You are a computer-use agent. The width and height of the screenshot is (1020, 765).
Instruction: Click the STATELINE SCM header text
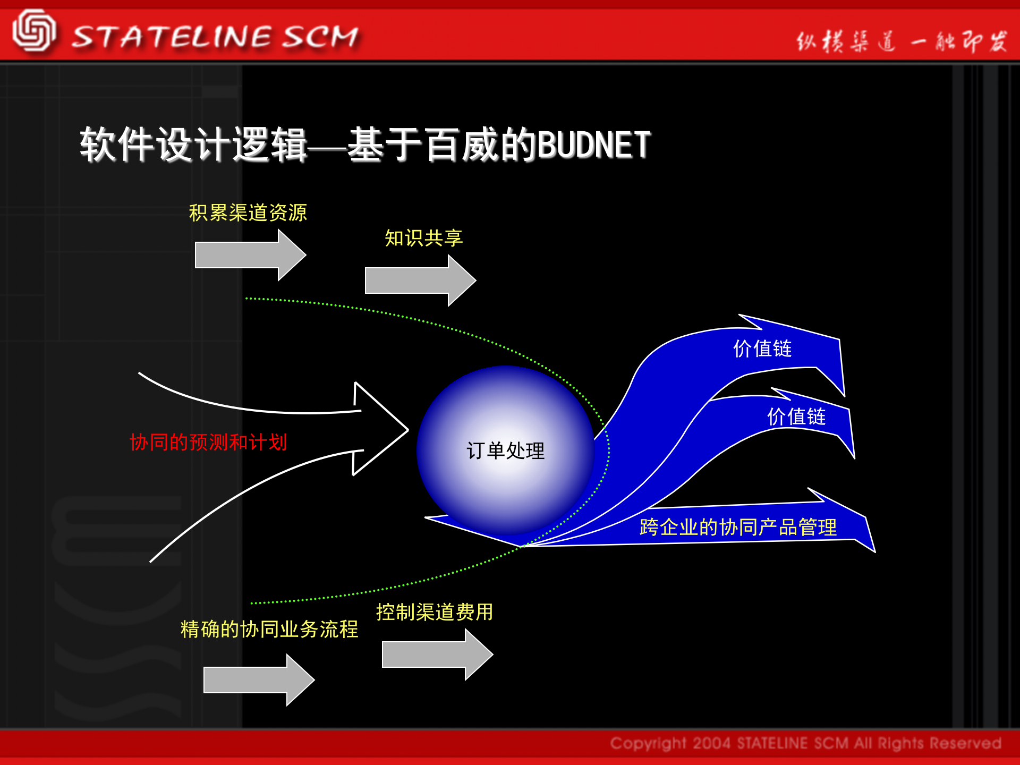point(215,37)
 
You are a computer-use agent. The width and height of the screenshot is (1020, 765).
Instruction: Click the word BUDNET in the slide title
point(594,144)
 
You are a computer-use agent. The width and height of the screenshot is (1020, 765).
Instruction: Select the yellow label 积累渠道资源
point(248,212)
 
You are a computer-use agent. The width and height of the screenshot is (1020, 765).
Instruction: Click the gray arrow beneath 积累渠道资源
point(250,255)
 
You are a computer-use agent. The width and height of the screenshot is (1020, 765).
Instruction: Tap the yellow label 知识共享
point(423,237)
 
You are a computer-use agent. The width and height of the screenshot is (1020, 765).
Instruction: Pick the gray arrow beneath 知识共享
point(420,280)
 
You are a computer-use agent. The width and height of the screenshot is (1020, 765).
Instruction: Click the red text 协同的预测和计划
point(208,442)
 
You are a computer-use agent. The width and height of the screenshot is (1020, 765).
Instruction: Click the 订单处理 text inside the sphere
point(505,450)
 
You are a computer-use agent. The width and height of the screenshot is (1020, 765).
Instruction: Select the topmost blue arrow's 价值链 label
point(762,348)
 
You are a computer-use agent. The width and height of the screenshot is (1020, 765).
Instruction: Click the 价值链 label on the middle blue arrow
point(796,416)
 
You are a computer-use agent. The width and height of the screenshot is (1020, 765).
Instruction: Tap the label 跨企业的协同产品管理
point(738,527)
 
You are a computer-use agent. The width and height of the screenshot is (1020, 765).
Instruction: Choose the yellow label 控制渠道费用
point(435,612)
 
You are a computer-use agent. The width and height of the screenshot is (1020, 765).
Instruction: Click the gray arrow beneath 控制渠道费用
point(437,654)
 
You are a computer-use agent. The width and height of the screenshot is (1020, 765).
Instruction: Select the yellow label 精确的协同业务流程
point(269,629)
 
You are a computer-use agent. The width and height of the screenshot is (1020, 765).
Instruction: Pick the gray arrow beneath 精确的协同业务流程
point(258,680)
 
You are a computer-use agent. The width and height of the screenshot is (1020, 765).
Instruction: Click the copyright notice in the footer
point(805,743)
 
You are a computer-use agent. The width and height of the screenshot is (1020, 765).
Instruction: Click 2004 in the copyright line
point(711,743)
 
